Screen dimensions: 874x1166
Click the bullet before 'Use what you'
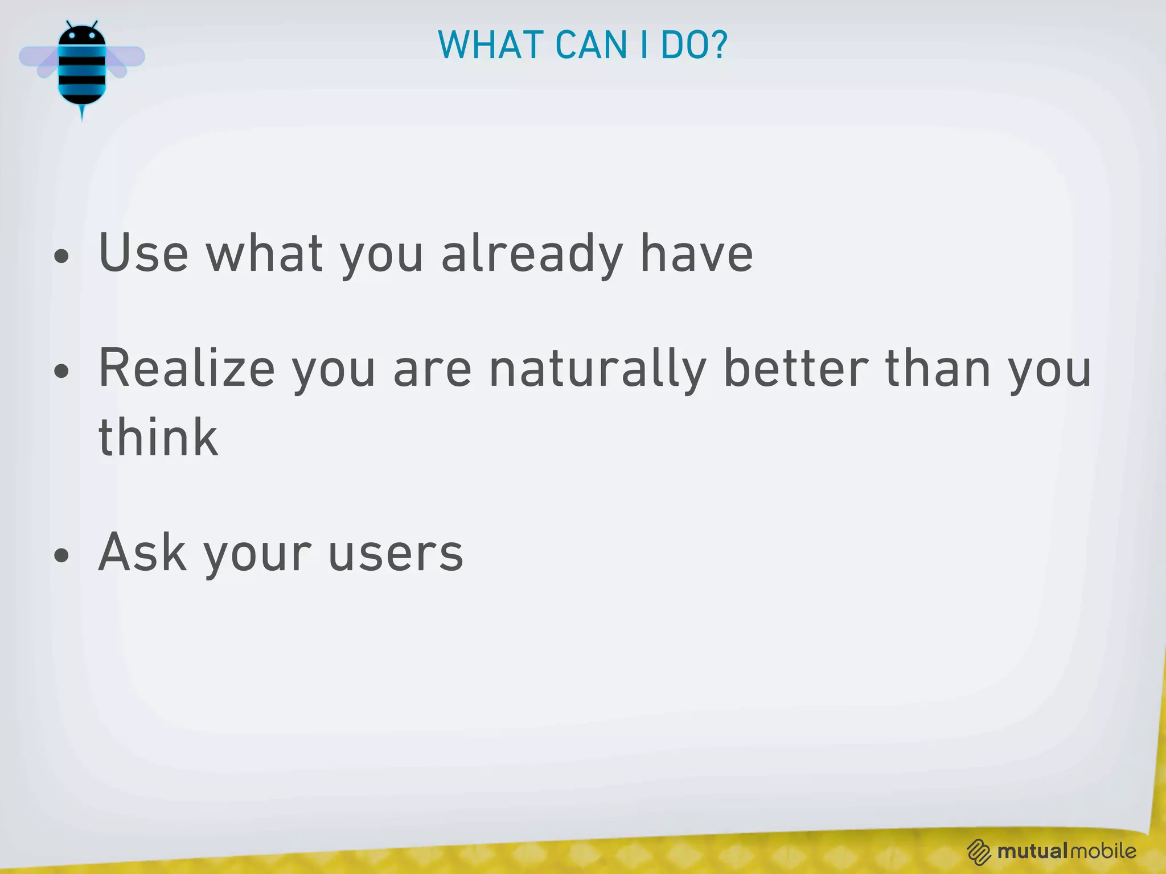coord(61,257)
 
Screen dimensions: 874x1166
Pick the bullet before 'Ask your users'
coord(61,555)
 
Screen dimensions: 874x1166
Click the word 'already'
coord(532,254)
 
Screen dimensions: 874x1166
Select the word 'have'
coord(696,254)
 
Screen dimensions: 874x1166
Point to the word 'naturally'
coord(598,370)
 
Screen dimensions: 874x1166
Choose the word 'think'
coord(158,438)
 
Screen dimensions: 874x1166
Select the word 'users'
coord(396,553)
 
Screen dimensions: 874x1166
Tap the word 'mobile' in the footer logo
coord(1103,851)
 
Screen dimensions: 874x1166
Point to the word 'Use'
coord(143,254)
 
